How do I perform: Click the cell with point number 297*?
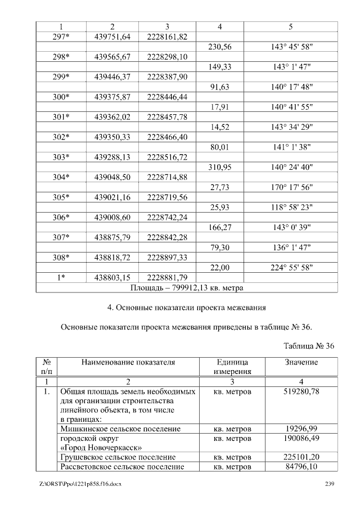[61, 37]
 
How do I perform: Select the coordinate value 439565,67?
[112, 57]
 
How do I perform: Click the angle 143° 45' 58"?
[292, 47]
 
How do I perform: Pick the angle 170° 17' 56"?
[292, 188]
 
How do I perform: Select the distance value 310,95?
[220, 168]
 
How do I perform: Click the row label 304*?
[61, 178]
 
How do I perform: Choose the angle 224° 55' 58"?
[292, 268]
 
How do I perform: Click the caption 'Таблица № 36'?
[309, 346]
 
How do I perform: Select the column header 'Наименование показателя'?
[128, 363]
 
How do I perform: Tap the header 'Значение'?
[301, 363]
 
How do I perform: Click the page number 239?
[330, 485]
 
